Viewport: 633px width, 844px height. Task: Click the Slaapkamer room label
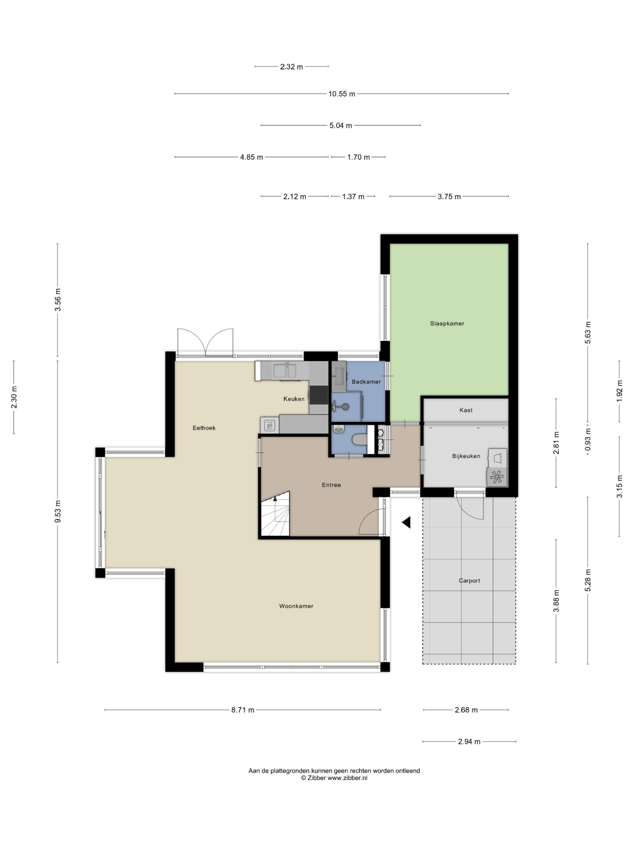pyautogui.click(x=447, y=323)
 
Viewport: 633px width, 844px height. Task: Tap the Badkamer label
pyautogui.click(x=366, y=381)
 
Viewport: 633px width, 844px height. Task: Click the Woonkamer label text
pyautogui.click(x=296, y=606)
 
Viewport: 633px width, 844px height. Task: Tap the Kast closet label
pyautogui.click(x=466, y=410)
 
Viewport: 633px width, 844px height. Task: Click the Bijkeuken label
pyautogui.click(x=466, y=456)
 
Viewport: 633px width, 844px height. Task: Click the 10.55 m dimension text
pyautogui.click(x=342, y=94)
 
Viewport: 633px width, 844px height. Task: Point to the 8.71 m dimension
pyautogui.click(x=243, y=710)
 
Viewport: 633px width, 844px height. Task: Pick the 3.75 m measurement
pyautogui.click(x=449, y=196)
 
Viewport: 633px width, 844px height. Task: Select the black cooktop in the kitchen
pyautogui.click(x=318, y=395)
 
